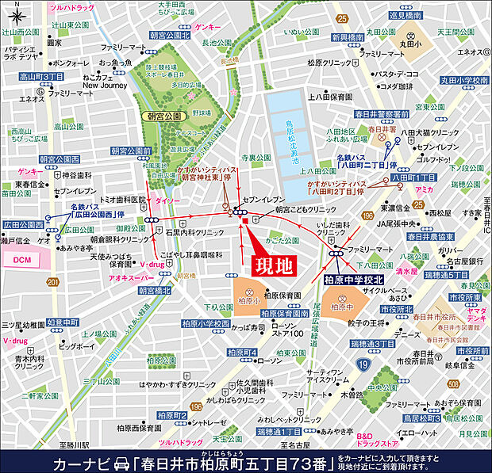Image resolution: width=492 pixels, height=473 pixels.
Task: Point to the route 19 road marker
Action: (362, 364)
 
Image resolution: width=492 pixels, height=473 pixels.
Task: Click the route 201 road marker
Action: (52, 283)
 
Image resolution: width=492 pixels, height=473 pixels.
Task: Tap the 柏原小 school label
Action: (248, 300)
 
